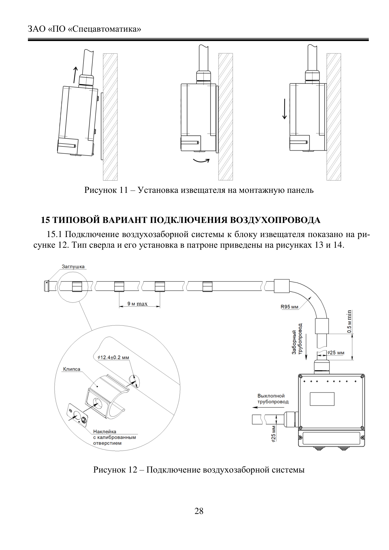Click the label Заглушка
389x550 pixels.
[73, 267]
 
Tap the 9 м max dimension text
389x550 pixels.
[137, 304]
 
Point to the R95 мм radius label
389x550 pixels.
[289, 307]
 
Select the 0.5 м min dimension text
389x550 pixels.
[349, 321]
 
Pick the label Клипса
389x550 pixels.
[71, 369]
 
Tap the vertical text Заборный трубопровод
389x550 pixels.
[297, 339]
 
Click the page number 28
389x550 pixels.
[199, 511]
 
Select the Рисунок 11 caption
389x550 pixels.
[199, 190]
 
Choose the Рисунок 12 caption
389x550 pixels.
[199, 470]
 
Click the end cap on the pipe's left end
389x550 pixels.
[47, 286]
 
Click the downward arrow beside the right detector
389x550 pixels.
[284, 109]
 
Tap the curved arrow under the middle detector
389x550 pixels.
[201, 161]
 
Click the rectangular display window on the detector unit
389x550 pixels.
[322, 399]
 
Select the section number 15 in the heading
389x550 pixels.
[45, 220]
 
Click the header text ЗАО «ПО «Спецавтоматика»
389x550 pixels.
[85, 29]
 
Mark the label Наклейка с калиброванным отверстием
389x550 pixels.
[114, 437]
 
